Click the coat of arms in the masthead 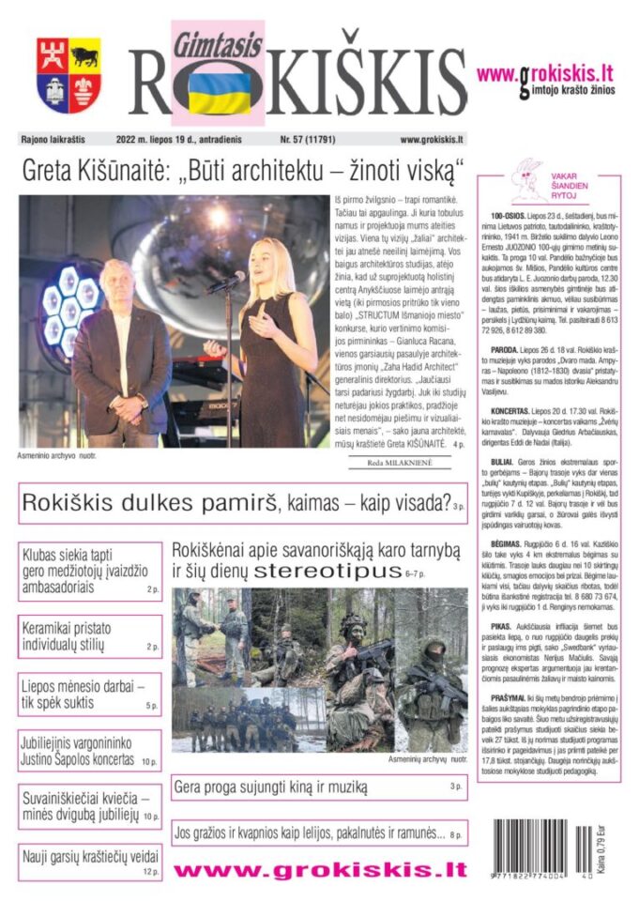click(68, 75)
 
